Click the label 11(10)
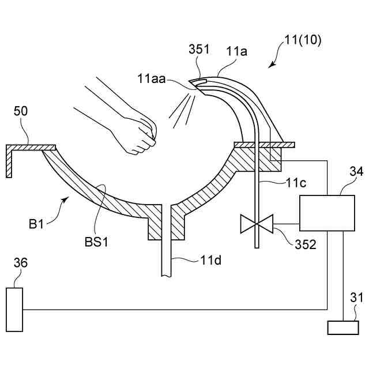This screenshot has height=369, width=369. pyautogui.click(x=303, y=41)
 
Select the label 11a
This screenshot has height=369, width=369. pyautogui.click(x=236, y=51)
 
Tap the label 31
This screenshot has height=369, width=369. pyautogui.click(x=353, y=299)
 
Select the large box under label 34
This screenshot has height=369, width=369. pyautogui.click(x=326, y=213)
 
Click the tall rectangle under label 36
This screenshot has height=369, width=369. pyautogui.click(x=15, y=309)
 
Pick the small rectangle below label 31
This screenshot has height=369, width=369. pyautogui.click(x=342, y=327)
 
